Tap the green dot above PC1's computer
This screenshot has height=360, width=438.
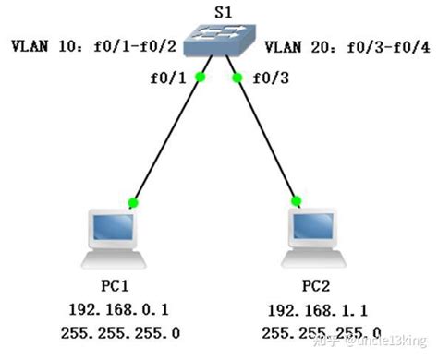tap(133, 201)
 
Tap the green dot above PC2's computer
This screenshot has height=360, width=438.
tap(295, 200)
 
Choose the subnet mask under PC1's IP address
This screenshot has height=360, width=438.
tap(118, 332)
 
